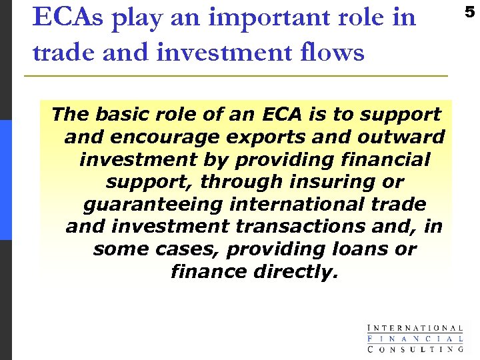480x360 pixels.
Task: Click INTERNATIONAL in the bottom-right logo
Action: [x=415, y=328]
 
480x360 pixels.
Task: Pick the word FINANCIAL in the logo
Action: [x=415, y=338]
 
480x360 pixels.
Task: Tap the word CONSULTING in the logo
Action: [x=415, y=348]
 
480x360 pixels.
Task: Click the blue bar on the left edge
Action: [x=5, y=180]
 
